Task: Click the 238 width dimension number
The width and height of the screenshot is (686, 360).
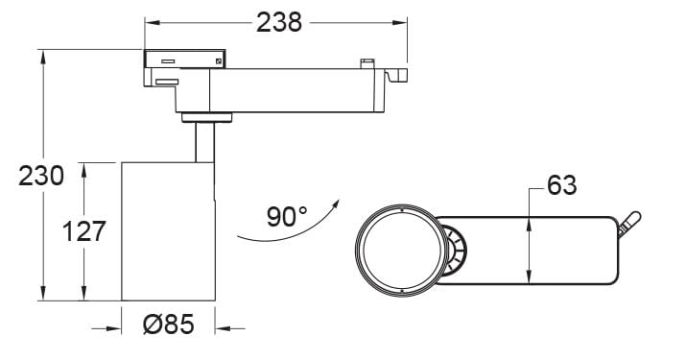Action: (279, 22)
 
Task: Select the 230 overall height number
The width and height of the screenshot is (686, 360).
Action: (41, 176)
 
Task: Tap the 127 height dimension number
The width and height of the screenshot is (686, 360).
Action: (84, 231)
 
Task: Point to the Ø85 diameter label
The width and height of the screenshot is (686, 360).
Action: (169, 325)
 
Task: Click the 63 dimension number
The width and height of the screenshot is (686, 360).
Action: (562, 185)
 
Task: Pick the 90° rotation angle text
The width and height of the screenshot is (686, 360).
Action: (287, 216)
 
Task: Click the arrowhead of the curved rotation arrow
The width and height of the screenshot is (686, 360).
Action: (336, 204)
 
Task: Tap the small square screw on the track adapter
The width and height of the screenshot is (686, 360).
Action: (219, 61)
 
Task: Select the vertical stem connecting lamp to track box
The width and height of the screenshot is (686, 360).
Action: (204, 142)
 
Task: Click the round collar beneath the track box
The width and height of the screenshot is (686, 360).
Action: (207, 117)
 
